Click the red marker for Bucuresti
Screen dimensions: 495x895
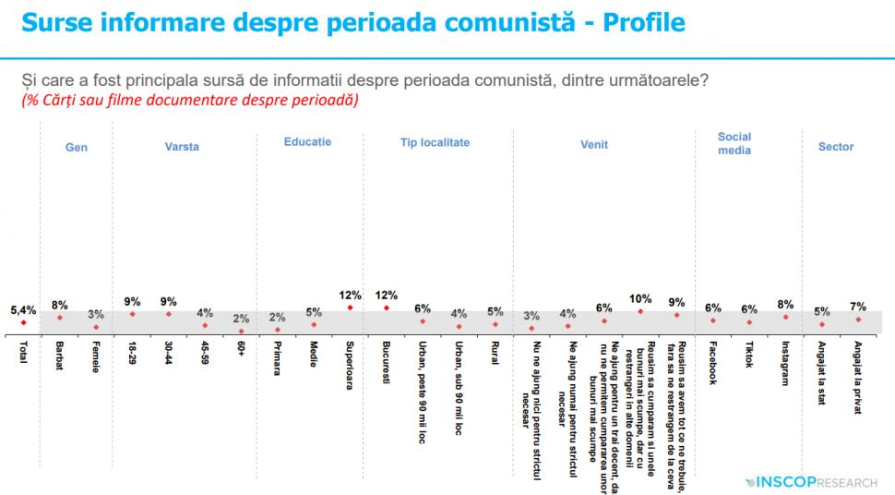pyautogui.click(x=386, y=308)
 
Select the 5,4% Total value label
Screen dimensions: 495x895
pyautogui.click(x=23, y=311)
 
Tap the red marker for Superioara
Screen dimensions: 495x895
pyautogui.click(x=350, y=308)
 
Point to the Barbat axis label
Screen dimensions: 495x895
pyautogui.click(x=59, y=356)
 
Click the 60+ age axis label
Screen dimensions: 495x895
pyautogui.click(x=241, y=352)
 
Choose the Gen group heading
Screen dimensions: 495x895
pyautogui.click(x=77, y=147)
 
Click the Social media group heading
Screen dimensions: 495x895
pyautogui.click(x=734, y=143)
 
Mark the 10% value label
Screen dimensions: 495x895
pyautogui.click(x=640, y=299)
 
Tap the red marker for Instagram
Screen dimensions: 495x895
pyautogui.click(x=785, y=317)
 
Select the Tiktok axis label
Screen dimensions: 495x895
pyautogui.click(x=749, y=354)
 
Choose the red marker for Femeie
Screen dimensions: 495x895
pyautogui.click(x=96, y=327)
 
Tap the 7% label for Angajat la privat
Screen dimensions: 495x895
pyautogui.click(x=858, y=306)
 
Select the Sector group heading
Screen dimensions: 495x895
pyautogui.click(x=836, y=147)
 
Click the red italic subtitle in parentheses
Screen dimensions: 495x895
pyautogui.click(x=189, y=99)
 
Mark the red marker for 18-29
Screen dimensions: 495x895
pyautogui.click(x=132, y=314)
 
